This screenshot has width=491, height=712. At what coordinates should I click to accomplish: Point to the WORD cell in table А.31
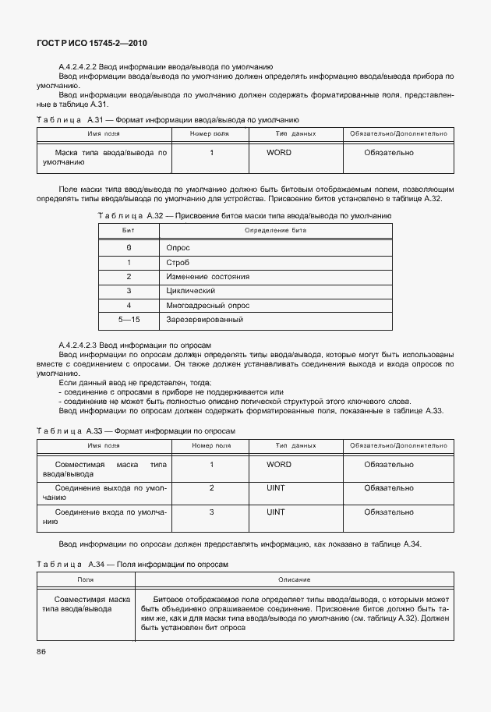coord(278,153)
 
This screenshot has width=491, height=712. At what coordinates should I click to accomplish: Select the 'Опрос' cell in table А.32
coord(178,247)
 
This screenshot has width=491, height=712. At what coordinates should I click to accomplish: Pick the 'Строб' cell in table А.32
coord(178,262)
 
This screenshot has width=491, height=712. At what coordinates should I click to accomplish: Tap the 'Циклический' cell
coord(191,291)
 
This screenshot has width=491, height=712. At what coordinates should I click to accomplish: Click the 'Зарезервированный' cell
coord(204,320)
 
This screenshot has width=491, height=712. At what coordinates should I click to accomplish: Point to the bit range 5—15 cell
coord(129,320)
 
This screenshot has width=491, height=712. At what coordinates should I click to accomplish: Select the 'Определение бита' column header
coord(275,231)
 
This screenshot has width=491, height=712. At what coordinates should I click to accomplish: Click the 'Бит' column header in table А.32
coord(129,231)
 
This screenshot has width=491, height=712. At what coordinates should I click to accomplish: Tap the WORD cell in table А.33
coord(278,464)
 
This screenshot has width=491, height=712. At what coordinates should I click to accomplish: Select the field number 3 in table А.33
coord(211,512)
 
